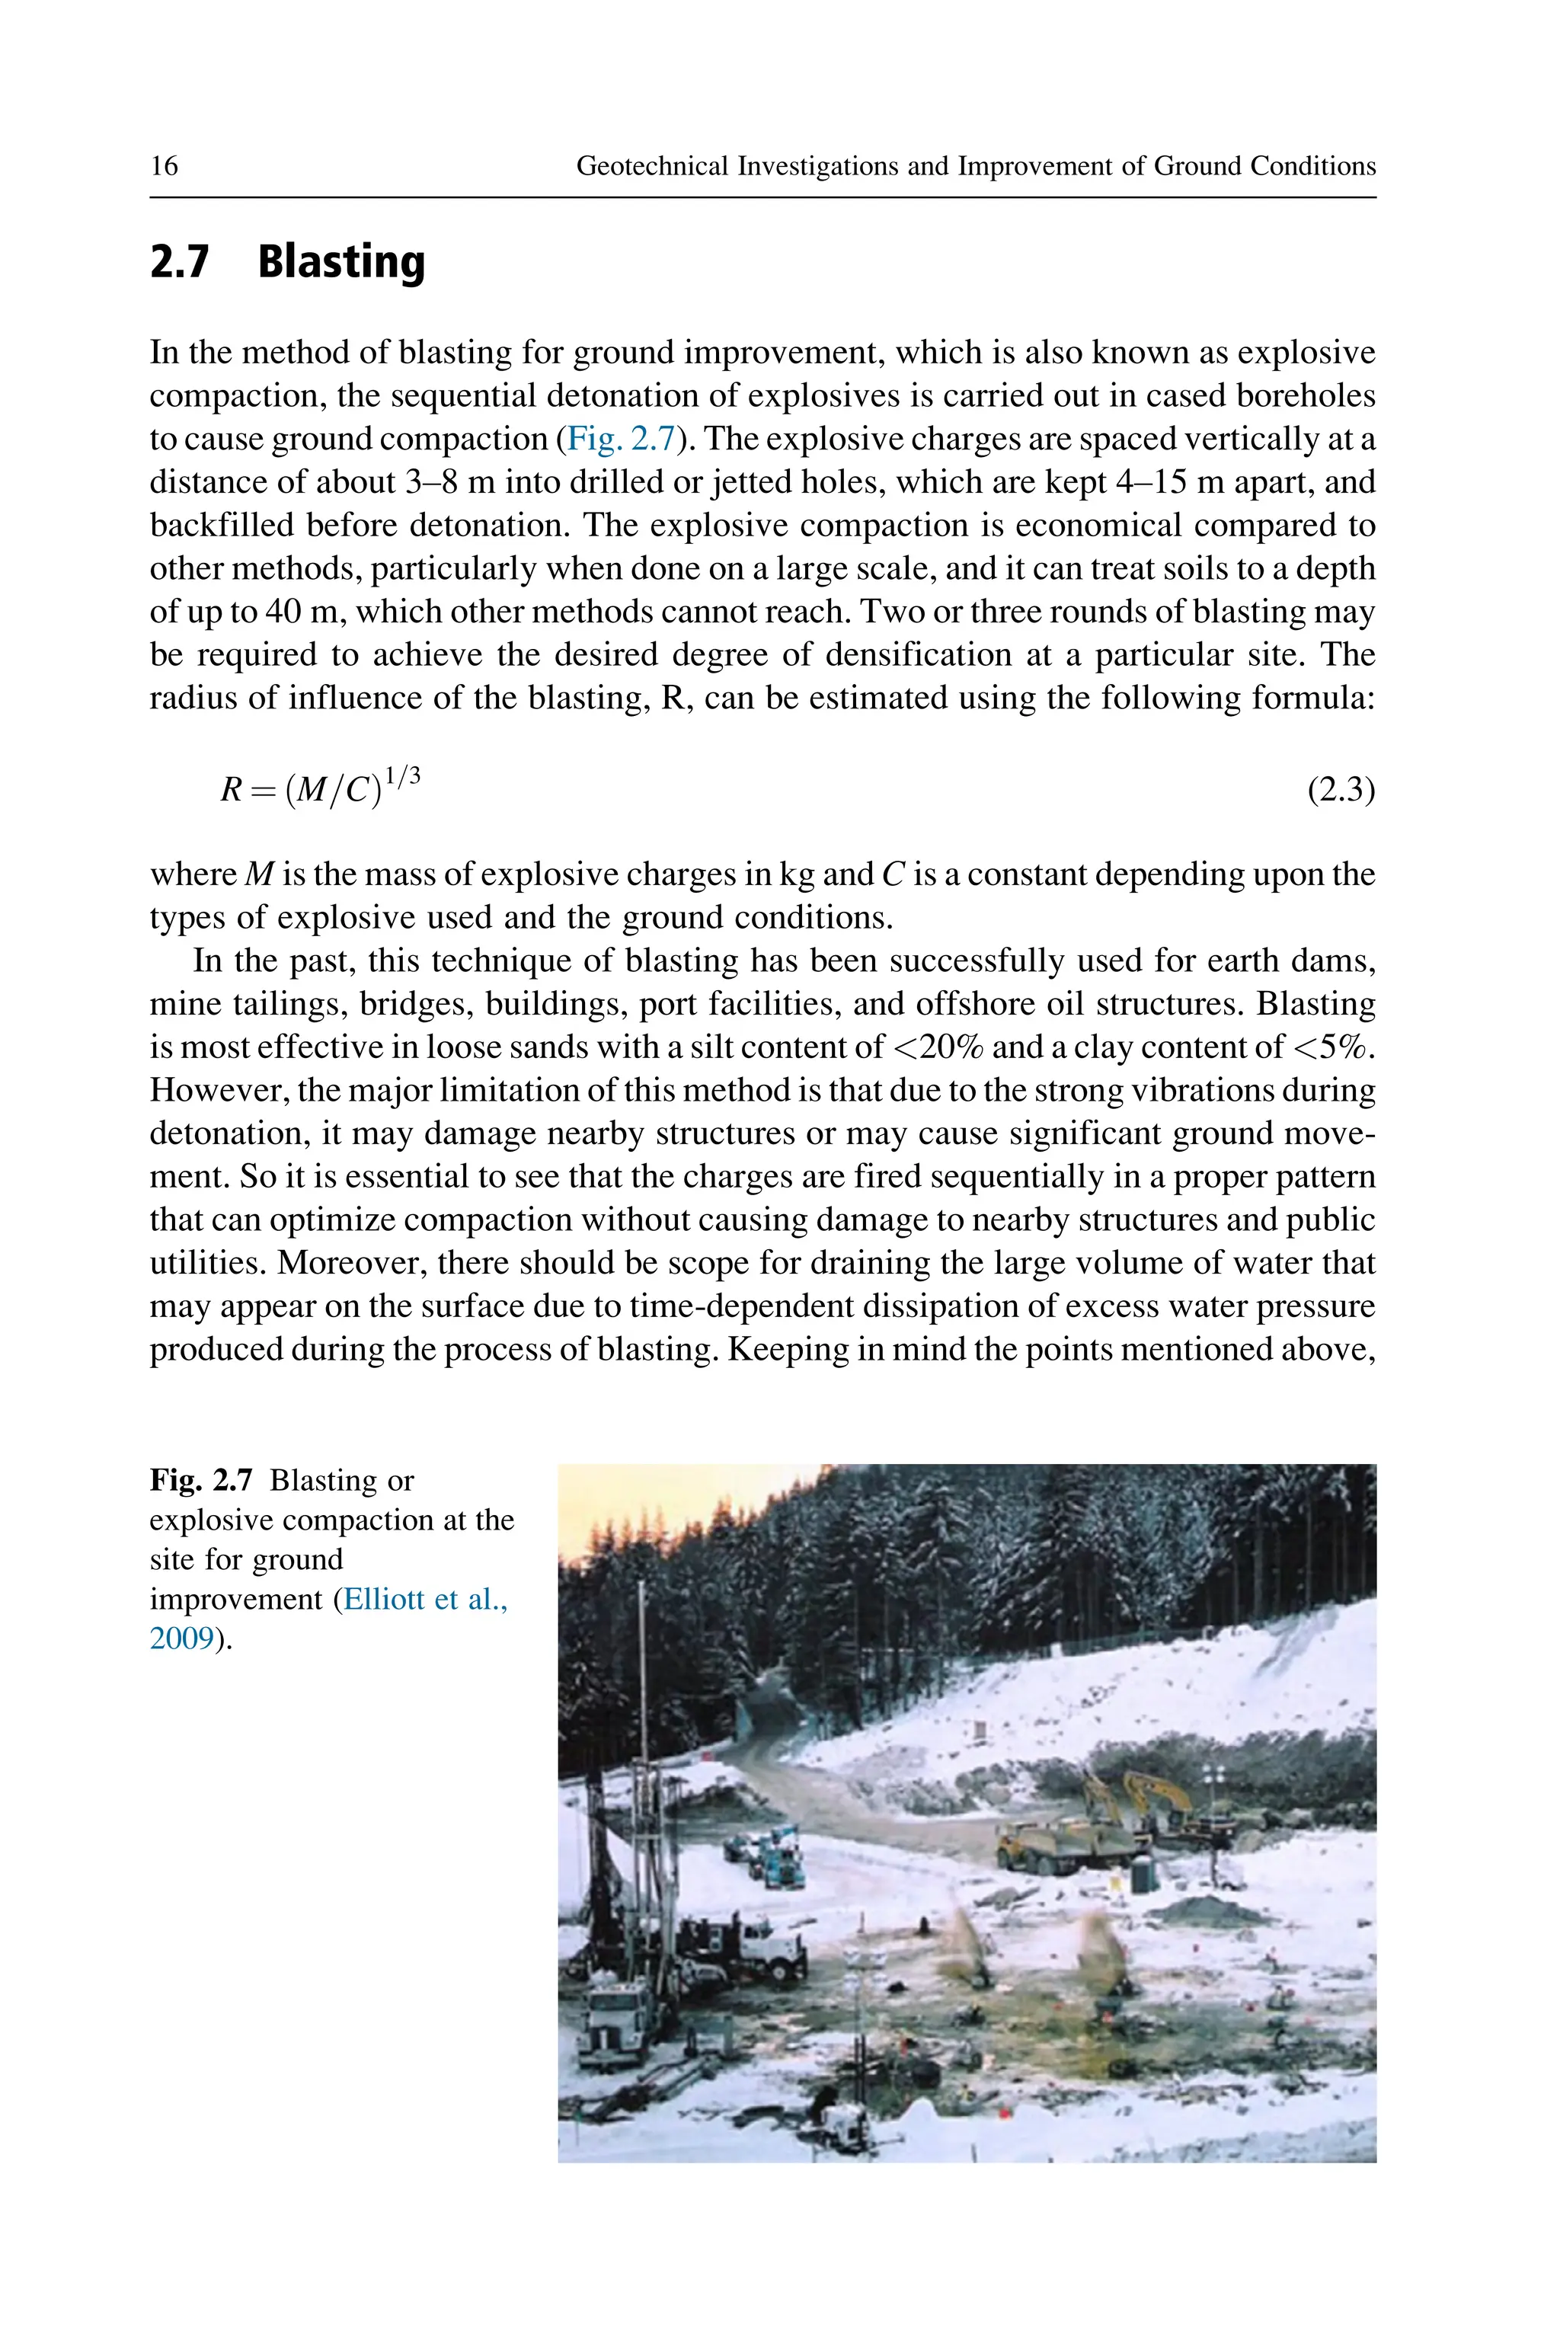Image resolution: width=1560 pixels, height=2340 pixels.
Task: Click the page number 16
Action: (165, 165)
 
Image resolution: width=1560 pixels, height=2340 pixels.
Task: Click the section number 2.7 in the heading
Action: (180, 263)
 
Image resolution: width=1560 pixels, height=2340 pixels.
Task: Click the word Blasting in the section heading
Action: (341, 263)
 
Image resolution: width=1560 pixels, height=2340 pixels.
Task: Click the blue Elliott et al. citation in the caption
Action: (425, 1599)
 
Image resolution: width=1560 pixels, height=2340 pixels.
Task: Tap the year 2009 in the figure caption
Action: (182, 1638)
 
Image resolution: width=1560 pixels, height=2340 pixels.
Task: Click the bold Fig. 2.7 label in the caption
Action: (201, 1481)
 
